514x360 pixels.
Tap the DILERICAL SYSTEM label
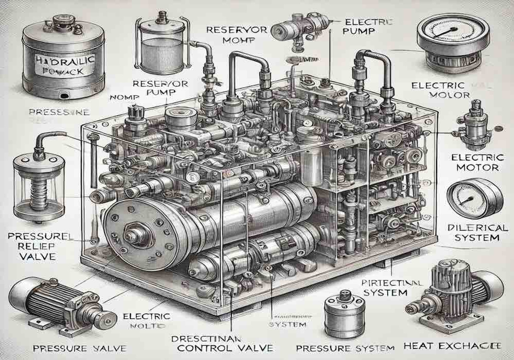(x=473, y=233)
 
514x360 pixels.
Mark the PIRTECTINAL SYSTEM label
(x=388, y=287)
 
